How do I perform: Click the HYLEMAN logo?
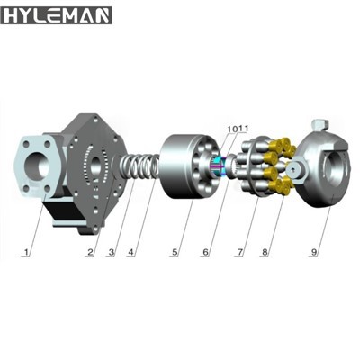[x=57, y=16]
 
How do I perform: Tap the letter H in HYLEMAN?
[x=13, y=16]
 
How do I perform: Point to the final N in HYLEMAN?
[x=100, y=16]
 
